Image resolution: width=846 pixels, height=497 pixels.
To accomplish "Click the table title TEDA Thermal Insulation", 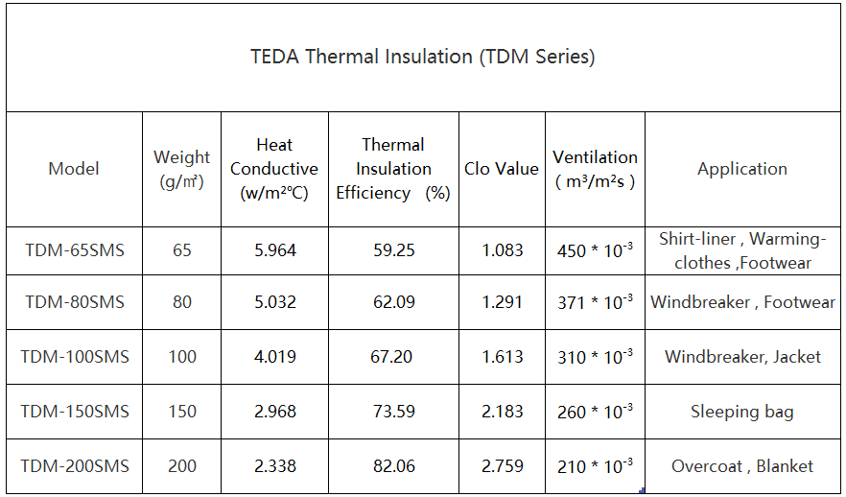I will [423, 57].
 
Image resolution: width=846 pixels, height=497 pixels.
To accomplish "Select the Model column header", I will [74, 169].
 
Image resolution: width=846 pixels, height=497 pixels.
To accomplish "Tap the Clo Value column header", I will [502, 169].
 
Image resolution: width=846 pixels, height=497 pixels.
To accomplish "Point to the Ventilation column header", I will [595, 169].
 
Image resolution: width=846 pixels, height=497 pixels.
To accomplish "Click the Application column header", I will [742, 169].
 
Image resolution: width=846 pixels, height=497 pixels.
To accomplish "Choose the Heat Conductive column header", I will [274, 169].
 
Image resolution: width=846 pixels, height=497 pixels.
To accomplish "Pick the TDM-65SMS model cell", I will [75, 250].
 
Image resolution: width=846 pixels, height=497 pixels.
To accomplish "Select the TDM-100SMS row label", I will [75, 357].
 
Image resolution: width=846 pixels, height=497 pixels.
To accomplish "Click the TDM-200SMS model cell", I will [75, 466].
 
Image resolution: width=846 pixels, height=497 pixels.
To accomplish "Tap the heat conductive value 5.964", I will [274, 250].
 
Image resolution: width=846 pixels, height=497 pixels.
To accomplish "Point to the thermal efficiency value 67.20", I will [393, 357].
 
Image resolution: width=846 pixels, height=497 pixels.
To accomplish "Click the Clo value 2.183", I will [502, 412].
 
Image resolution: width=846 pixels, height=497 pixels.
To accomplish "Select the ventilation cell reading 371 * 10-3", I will [595, 303].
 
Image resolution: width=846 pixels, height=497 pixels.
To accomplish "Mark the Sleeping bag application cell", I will [742, 412].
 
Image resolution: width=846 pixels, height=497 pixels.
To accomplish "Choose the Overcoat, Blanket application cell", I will [742, 466].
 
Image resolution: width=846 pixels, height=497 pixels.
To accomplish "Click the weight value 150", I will [182, 412].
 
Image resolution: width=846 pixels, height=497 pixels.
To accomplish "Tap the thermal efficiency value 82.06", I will [393, 466].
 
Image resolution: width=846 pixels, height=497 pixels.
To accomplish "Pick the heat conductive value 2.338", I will [274, 466].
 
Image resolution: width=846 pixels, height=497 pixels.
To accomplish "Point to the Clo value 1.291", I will [502, 302].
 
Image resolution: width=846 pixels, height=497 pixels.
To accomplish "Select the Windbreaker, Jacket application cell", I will [742, 357].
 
